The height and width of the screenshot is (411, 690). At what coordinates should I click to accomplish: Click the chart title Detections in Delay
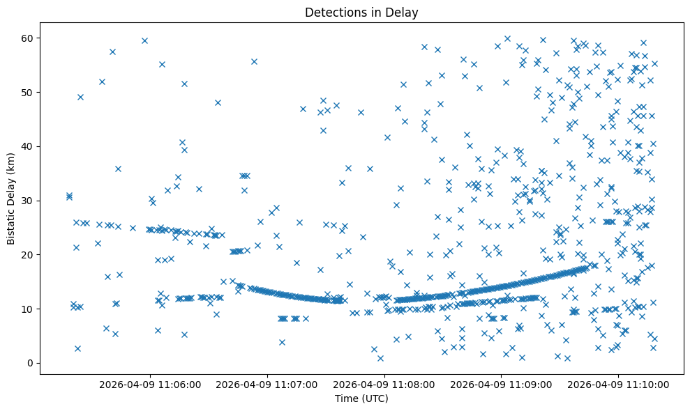[x=361, y=12]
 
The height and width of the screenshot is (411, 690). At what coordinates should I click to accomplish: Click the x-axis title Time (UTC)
[x=361, y=399]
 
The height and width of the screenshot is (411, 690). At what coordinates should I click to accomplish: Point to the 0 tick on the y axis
[x=31, y=363]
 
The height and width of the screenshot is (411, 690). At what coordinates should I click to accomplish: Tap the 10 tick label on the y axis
[x=29, y=309]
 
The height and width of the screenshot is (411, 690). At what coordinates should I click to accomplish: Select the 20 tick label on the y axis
[x=29, y=255]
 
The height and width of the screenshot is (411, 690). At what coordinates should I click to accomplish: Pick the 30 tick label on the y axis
[x=29, y=201]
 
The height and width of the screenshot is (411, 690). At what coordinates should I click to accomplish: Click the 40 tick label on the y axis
[x=29, y=146]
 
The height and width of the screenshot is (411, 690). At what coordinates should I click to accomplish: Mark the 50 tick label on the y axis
[x=29, y=92]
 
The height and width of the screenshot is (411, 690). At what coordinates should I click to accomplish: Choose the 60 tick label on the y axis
[x=29, y=38]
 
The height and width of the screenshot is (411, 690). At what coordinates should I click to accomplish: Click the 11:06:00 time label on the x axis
[x=150, y=385]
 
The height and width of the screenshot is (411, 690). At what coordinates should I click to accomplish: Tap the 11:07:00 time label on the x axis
[x=267, y=385]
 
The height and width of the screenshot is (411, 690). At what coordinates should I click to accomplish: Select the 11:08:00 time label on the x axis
[x=384, y=385]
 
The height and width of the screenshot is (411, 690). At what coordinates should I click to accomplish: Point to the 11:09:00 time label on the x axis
[x=502, y=385]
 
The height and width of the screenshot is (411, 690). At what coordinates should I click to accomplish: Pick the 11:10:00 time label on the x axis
[x=619, y=385]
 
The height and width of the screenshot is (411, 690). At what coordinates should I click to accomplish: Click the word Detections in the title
[x=332, y=12]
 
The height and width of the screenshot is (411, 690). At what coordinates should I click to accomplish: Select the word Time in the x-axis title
[x=346, y=399]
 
